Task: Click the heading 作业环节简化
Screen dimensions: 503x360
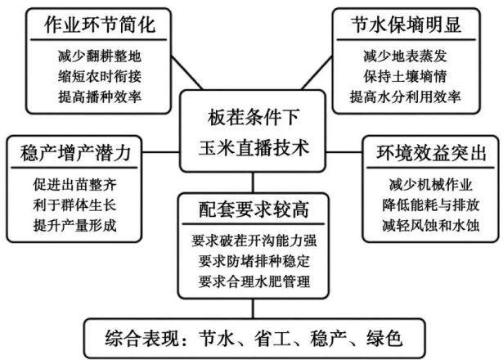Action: [x=100, y=25]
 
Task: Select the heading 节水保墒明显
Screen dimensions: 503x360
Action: [x=406, y=25]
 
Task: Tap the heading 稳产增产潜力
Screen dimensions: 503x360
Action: [x=75, y=153]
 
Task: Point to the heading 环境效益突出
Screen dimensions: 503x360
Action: [x=431, y=153]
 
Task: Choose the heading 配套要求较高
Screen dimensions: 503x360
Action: [x=254, y=209]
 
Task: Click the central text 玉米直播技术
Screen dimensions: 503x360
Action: [x=254, y=148]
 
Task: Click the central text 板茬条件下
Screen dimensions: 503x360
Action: [x=254, y=117]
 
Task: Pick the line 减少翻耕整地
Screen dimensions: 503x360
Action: [x=100, y=56]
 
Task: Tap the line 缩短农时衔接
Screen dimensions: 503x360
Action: [x=100, y=76]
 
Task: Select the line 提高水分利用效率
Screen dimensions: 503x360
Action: [x=406, y=97]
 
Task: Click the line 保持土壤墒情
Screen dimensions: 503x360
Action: [x=406, y=76]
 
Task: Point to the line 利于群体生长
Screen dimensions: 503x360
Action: [x=74, y=205]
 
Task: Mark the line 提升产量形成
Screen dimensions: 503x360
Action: [x=74, y=225]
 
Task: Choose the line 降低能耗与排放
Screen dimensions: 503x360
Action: [x=431, y=205]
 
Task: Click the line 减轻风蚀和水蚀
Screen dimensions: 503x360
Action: [x=431, y=225]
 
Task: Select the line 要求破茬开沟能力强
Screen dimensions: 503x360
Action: [x=254, y=241]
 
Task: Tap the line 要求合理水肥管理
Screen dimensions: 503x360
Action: [x=254, y=281]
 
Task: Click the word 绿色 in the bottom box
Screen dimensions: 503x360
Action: [x=384, y=338]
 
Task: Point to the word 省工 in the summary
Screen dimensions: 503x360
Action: [x=272, y=338]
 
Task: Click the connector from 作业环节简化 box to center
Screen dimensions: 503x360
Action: [x=186, y=73]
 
